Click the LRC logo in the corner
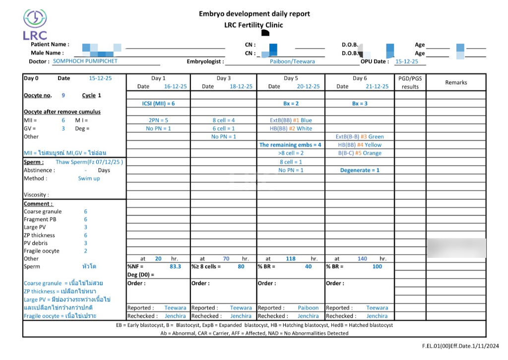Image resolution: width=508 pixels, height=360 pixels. pyautogui.click(x=35, y=24)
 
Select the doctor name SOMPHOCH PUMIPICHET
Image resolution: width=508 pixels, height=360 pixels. pyautogui.click(x=85, y=61)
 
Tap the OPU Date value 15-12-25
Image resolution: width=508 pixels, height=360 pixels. pyautogui.click(x=406, y=61)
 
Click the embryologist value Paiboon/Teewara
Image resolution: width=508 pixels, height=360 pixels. pyautogui.click(x=292, y=61)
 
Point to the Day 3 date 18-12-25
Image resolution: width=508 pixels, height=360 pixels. pyautogui.click(x=241, y=86)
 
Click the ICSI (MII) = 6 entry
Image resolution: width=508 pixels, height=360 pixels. pyautogui.click(x=158, y=104)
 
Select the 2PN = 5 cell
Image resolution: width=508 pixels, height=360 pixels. pyautogui.click(x=158, y=120)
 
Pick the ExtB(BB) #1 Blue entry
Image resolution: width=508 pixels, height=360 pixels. pyautogui.click(x=291, y=120)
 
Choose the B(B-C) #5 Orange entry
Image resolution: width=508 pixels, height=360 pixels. pyautogui.click(x=359, y=153)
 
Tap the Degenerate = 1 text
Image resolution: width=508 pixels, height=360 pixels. pyautogui.click(x=360, y=170)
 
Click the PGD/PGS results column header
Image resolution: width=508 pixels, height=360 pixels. pyautogui.click(x=410, y=82)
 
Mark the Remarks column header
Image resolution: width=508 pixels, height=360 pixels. pyautogui.click(x=456, y=82)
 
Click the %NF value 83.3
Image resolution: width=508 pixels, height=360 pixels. pyautogui.click(x=175, y=266)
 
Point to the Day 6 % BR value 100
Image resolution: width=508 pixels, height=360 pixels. pyautogui.click(x=377, y=266)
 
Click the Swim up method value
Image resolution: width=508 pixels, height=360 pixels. pyautogui.click(x=89, y=179)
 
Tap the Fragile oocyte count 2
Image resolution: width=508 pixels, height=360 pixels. pyautogui.click(x=85, y=251)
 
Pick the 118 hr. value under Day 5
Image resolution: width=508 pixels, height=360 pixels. pyautogui.click(x=291, y=258)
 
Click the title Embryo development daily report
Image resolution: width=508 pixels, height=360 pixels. pyautogui.click(x=254, y=14)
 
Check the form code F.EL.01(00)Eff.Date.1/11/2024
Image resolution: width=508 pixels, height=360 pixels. pyautogui.click(x=457, y=345)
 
